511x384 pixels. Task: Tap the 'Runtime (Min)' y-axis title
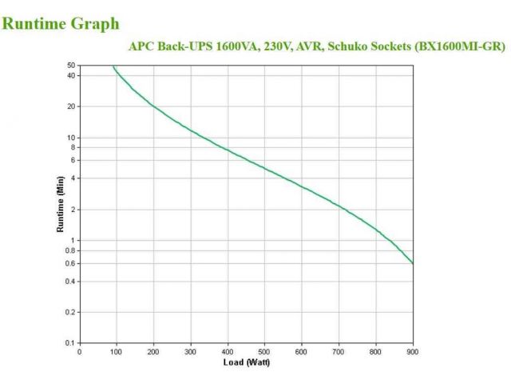(60, 205)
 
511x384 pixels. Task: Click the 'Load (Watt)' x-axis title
(246, 362)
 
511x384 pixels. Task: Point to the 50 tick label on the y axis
(71, 66)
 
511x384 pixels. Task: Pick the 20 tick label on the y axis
(71, 106)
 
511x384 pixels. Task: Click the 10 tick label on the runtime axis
(71, 138)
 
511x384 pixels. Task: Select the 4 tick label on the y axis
(73, 178)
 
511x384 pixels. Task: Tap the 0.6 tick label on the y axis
(70, 263)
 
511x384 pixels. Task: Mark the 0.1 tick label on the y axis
(70, 343)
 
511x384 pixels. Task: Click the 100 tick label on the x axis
(117, 351)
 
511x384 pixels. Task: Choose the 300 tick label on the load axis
(191, 351)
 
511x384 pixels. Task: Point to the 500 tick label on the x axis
(265, 351)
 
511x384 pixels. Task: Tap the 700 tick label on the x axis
(339, 351)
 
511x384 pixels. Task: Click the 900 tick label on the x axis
(413, 351)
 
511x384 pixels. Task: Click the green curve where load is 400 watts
(228, 150)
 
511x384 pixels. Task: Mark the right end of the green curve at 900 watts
(413, 262)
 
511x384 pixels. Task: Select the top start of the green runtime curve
(113, 66)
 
